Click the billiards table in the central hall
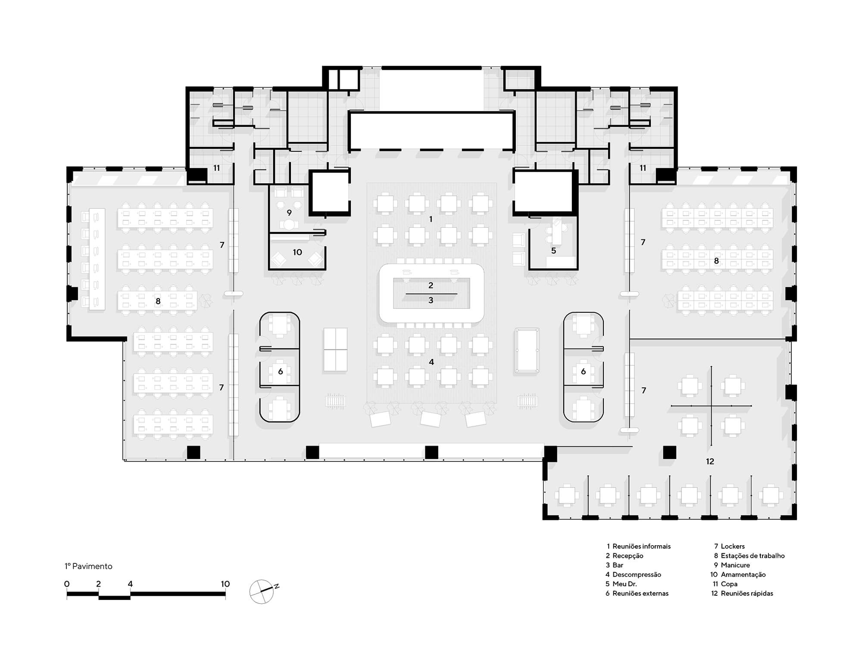tap(527, 351)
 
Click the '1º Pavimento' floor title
tap(88, 566)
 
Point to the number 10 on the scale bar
tap(225, 584)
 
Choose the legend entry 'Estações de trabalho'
tap(753, 556)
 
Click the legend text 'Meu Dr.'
tap(625, 584)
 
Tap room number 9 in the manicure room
tap(289, 213)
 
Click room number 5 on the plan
tap(553, 251)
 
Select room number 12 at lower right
tap(710, 462)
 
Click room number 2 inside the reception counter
tap(431, 285)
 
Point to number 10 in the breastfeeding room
tap(297, 252)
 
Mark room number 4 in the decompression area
tap(431, 362)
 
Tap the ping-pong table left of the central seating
tap(335, 349)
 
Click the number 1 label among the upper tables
tap(431, 220)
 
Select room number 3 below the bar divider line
tap(431, 300)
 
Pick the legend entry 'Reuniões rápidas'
tap(747, 594)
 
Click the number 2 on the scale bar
tap(98, 584)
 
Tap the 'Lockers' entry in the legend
tap(733, 546)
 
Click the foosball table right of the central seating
tap(527, 401)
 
